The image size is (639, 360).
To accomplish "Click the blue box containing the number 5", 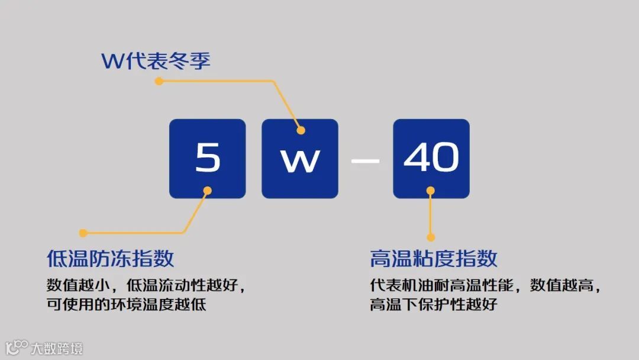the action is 207,159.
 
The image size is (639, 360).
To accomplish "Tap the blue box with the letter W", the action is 300,159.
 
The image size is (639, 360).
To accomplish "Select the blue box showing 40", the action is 431,159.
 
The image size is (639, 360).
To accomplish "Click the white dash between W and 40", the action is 365,160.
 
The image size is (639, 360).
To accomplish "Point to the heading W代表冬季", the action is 156,61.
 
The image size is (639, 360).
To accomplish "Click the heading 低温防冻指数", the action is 110,259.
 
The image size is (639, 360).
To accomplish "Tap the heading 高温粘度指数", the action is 434,259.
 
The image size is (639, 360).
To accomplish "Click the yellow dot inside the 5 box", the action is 208,190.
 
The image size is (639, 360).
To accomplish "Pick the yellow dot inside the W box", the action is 301,130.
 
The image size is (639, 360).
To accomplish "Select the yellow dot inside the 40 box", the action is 431,190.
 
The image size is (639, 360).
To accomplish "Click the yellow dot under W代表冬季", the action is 159,81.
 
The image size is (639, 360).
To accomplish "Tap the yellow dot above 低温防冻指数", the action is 83,233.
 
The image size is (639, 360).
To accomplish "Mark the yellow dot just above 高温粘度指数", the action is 431,236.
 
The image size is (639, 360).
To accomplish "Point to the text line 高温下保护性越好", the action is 434,305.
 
